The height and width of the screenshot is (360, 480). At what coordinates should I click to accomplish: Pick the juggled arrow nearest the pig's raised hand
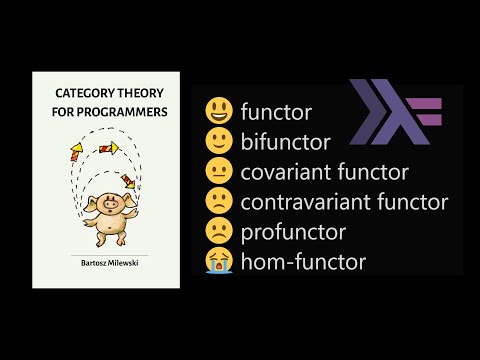pyautogui.click(x=127, y=179)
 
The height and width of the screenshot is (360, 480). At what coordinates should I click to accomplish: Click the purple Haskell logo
pyautogui.click(x=398, y=112)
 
